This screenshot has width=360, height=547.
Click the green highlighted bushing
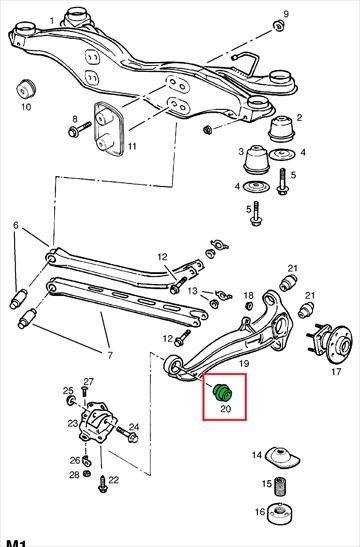coord(222,393)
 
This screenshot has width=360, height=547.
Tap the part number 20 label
coord(226,408)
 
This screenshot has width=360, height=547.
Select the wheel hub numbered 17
coord(331,343)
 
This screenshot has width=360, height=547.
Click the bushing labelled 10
coord(25,89)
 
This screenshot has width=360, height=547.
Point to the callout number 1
coord(52,21)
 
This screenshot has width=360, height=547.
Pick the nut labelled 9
coord(279,26)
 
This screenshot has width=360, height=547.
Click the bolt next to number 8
coord(80,129)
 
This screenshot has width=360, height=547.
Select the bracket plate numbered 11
coord(107,128)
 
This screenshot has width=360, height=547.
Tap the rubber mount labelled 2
coord(281,129)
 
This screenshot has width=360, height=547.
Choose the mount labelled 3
coord(257,160)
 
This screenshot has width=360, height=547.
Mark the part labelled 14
coord(282,457)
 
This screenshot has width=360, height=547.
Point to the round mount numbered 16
coord(279,513)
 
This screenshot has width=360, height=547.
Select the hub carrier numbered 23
coord(96,422)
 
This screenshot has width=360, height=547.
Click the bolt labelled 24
coord(127,434)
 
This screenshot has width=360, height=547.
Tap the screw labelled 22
coord(103,484)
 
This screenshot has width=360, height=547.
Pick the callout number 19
coord(244,363)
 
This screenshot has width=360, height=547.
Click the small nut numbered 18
coord(249,306)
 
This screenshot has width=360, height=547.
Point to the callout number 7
coord(110,355)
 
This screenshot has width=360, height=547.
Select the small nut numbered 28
coord(88,474)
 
